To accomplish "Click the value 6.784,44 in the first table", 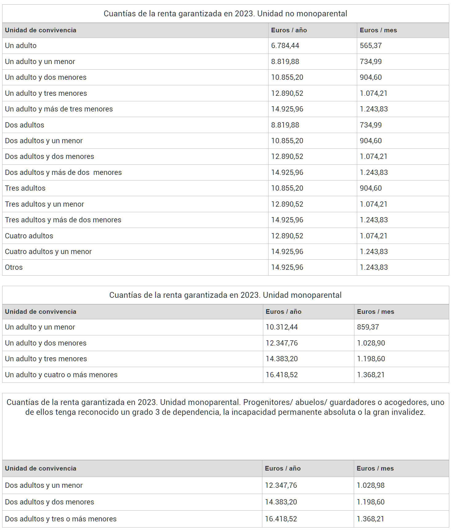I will coord(285,46).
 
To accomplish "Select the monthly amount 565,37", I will coord(370,46).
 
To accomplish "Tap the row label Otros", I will coord(14,267).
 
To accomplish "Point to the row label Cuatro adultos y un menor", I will coord(48,252).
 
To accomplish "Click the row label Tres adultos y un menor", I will coord(44,204).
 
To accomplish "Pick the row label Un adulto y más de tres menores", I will coord(59,109).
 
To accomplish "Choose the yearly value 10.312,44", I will coord(281,327).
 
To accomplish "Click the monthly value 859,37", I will coord(368,327).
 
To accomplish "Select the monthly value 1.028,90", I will coord(371,343).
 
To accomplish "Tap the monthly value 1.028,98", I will coord(370,485).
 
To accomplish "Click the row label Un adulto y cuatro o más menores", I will coord(61,375).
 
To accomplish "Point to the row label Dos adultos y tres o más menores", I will coord(61,519).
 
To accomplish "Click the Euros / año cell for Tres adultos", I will coord(287,188).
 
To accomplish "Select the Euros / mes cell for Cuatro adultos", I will coord(373,236).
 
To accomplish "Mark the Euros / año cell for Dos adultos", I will coord(285,125).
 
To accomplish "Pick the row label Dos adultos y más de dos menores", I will coord(63,172).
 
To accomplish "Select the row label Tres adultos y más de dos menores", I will coord(63,220).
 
